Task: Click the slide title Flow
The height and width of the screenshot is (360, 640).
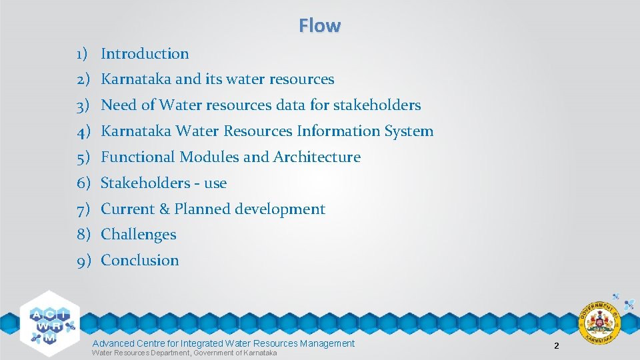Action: click(x=320, y=26)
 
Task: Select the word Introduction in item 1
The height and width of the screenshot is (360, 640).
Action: click(x=145, y=54)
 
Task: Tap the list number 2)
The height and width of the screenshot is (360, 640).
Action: click(x=83, y=79)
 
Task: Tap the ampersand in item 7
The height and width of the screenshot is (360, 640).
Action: click(x=165, y=209)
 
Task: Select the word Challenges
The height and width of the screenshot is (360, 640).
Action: click(x=139, y=235)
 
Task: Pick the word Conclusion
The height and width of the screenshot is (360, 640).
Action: click(x=140, y=261)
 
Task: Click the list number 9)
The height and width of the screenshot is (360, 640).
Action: click(x=83, y=261)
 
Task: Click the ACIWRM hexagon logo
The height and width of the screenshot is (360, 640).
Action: click(x=49, y=320)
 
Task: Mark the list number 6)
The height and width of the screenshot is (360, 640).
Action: click(x=83, y=183)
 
